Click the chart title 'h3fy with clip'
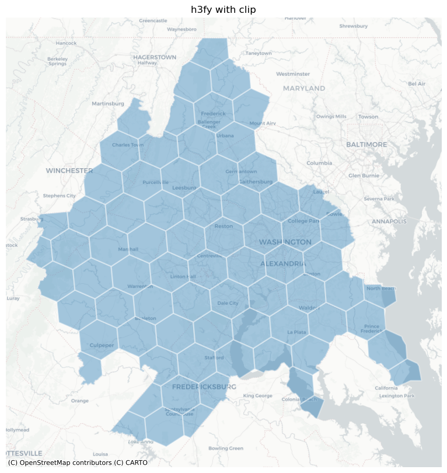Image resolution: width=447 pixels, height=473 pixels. pyautogui.click(x=223, y=9)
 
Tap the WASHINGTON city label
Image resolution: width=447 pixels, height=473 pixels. pyautogui.click(x=285, y=242)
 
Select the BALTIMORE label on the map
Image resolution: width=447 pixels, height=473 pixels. pyautogui.click(x=366, y=144)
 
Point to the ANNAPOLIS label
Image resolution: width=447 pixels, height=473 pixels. pyautogui.click(x=389, y=221)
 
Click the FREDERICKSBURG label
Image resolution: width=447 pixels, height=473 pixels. pyautogui.click(x=204, y=387)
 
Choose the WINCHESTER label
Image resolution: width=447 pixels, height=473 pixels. pyautogui.click(x=69, y=171)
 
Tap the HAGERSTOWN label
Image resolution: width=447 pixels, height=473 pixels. pyautogui.click(x=155, y=57)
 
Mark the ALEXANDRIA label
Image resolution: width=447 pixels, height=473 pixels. pyautogui.click(x=283, y=264)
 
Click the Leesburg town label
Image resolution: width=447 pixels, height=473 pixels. pyautogui.click(x=184, y=187)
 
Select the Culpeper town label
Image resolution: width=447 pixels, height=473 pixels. pyautogui.click(x=102, y=345)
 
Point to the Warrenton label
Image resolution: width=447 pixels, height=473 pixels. pyautogui.click(x=140, y=286)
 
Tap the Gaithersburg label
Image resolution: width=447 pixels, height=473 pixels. pyautogui.click(x=256, y=182)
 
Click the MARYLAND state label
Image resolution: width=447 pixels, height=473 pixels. pyautogui.click(x=304, y=88)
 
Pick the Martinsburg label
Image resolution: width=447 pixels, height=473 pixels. pyautogui.click(x=108, y=103)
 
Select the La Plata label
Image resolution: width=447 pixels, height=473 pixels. pyautogui.click(x=296, y=332)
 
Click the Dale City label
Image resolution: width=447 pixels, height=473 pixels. pyautogui.click(x=228, y=303)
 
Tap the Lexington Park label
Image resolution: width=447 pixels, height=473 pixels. pyautogui.click(x=396, y=396)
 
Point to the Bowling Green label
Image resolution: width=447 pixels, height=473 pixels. pyautogui.click(x=226, y=448)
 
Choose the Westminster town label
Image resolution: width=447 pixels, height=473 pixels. pyautogui.click(x=293, y=74)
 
